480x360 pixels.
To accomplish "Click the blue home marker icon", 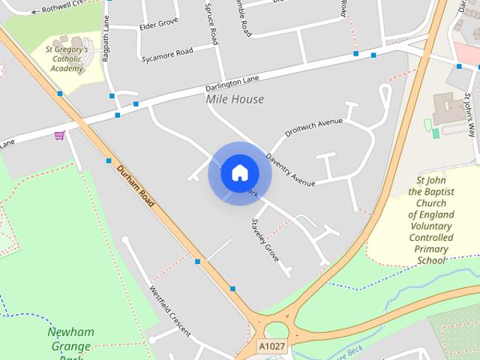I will (x=239, y=172).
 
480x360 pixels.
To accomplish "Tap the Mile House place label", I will (x=235, y=99).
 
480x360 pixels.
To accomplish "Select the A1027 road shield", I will (x=271, y=346).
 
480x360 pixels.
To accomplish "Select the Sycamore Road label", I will (x=166, y=54).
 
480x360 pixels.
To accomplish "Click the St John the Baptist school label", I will (x=431, y=220).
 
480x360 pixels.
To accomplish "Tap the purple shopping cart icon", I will (x=59, y=136).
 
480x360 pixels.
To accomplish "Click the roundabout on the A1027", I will (x=277, y=331).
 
